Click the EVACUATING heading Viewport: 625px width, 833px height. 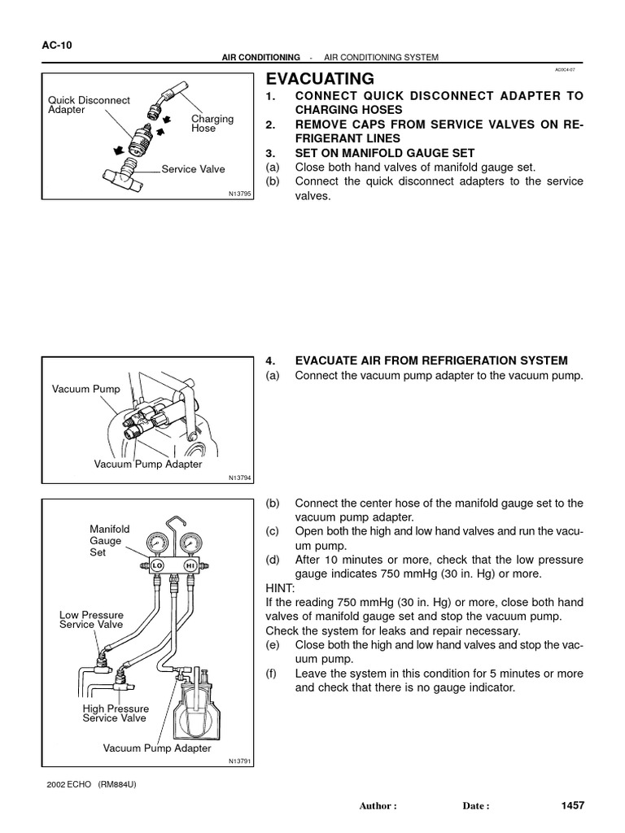(321, 79)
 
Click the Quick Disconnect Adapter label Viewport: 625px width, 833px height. (89, 105)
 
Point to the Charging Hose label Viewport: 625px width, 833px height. (212, 124)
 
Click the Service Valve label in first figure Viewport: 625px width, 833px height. (193, 169)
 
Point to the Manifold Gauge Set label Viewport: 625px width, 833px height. (109, 540)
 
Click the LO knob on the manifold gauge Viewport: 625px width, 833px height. (158, 565)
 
